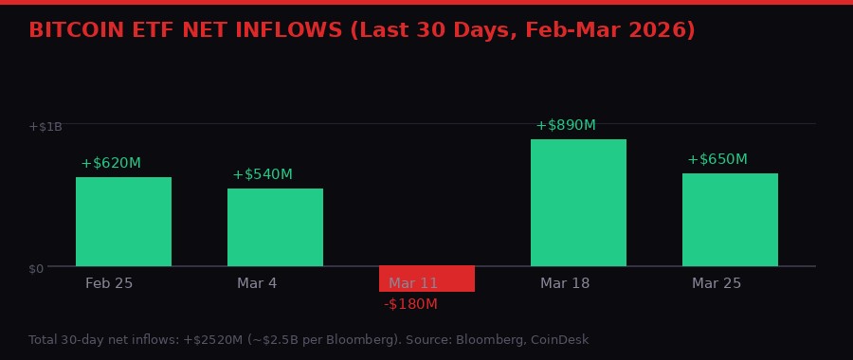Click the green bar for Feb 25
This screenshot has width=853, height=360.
[123, 222]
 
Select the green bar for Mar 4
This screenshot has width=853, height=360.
[275, 227]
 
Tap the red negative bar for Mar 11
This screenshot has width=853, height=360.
[426, 279]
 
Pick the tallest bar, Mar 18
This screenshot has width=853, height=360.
[578, 203]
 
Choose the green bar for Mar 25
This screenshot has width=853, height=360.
[730, 220]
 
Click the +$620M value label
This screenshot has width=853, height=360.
[111, 163]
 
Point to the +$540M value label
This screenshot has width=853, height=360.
[263, 174]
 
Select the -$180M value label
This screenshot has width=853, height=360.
[410, 304]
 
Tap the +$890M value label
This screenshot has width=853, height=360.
[566, 125]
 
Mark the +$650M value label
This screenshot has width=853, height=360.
[717, 159]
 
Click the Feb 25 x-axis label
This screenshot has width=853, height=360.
[109, 283]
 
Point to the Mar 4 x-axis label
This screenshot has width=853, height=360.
[257, 283]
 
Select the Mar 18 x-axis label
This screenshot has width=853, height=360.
[565, 283]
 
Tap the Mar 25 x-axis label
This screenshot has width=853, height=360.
[717, 283]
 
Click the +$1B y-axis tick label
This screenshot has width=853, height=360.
[45, 126]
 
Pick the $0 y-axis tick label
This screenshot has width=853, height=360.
[36, 268]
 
